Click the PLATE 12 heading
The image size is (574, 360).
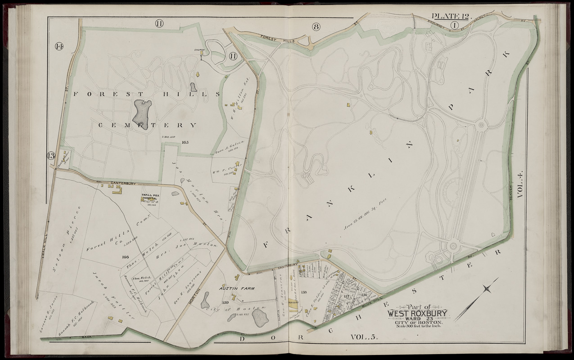(x=450, y=17)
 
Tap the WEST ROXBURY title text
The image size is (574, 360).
(x=416, y=313)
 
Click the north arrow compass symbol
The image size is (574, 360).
(x=476, y=299)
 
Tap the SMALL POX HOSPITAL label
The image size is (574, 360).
(x=149, y=197)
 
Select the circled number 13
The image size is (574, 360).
(x=51, y=156)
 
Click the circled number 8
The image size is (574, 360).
(x=316, y=27)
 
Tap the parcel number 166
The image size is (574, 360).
(x=125, y=257)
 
